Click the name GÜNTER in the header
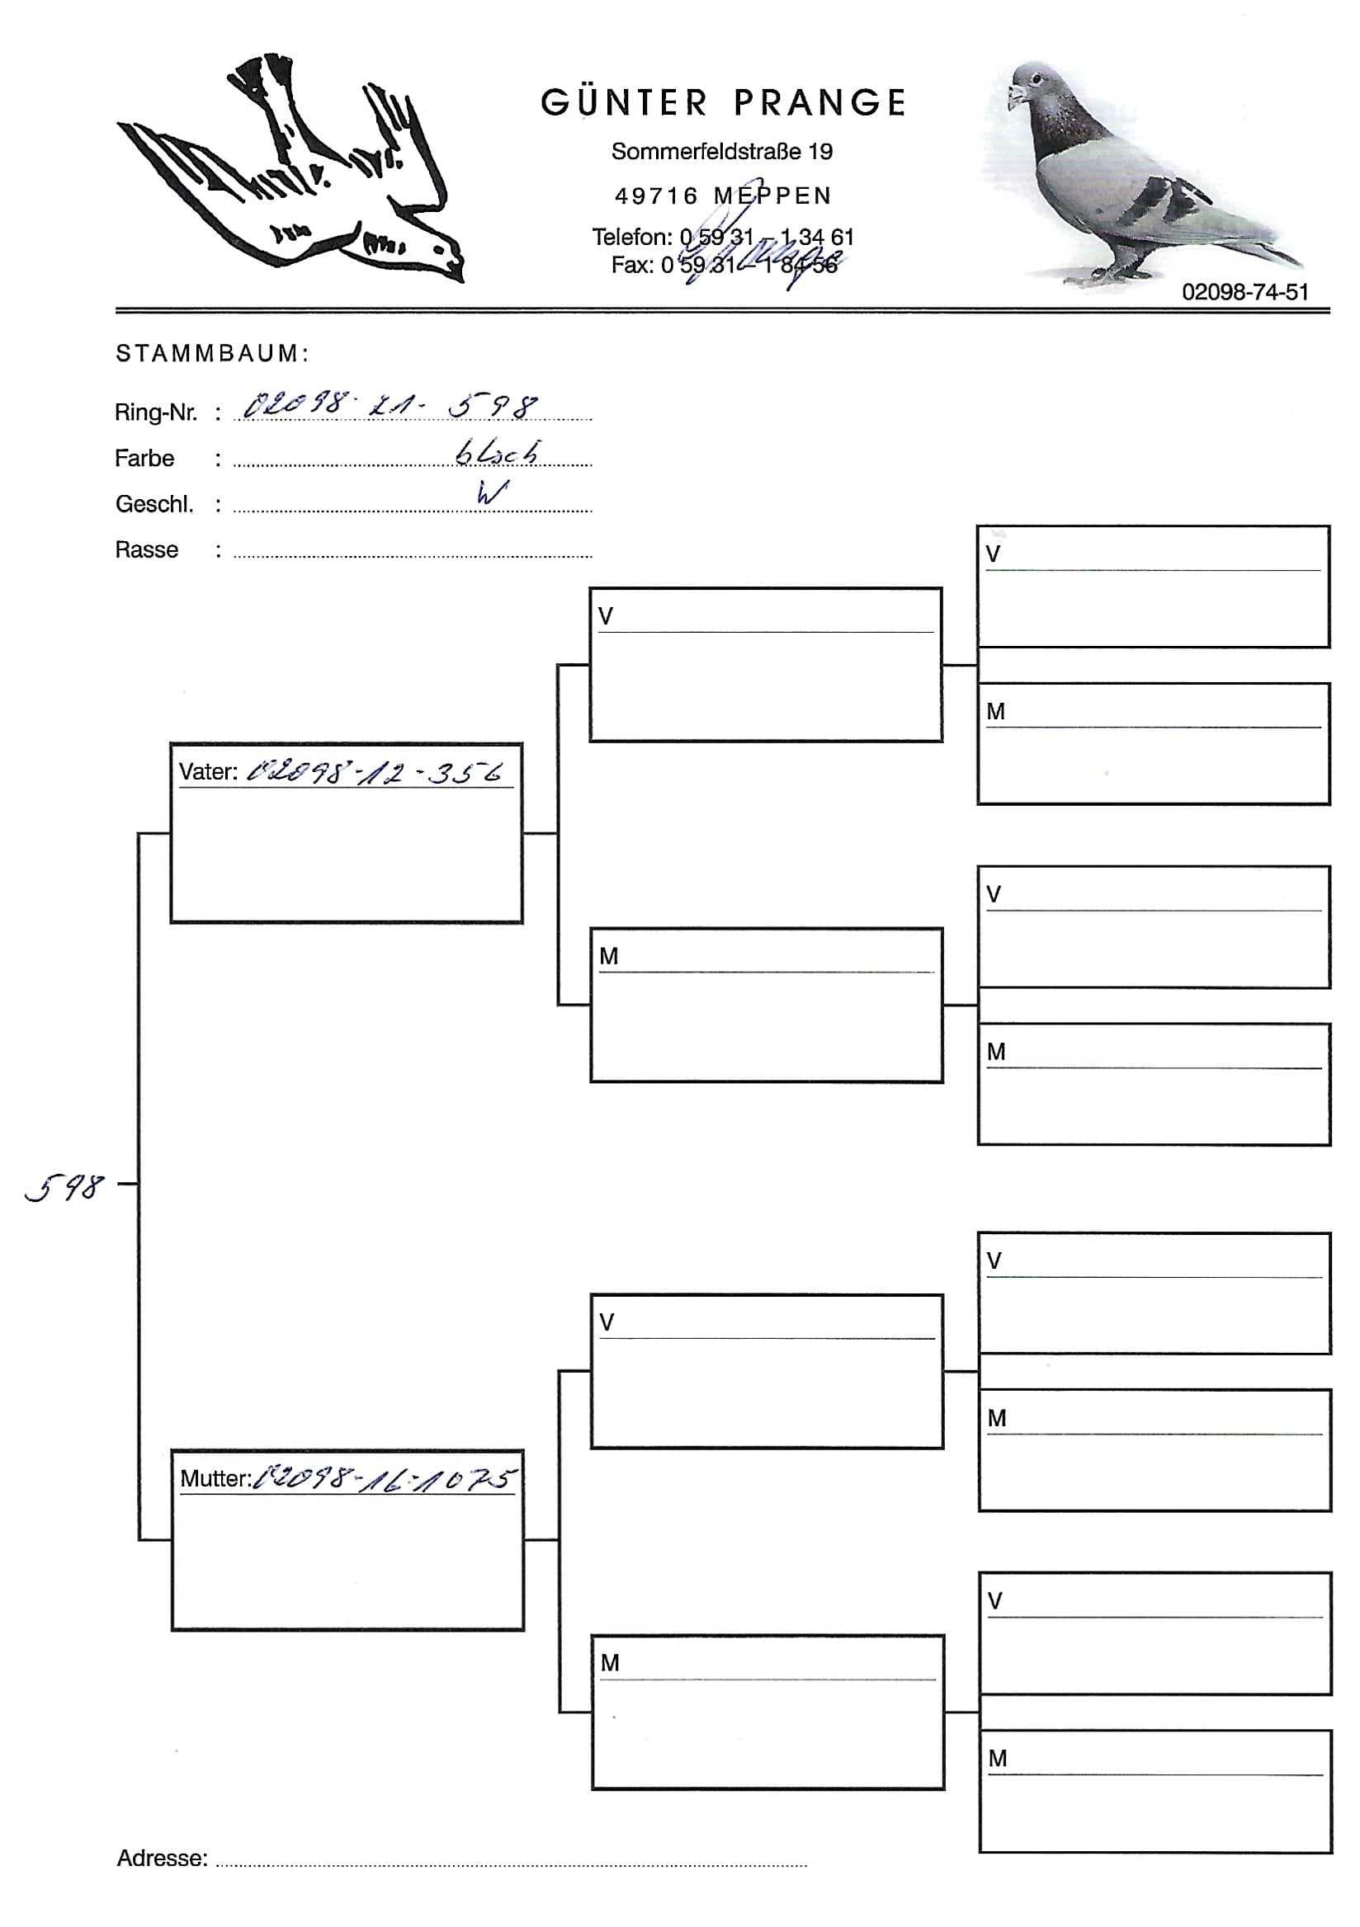click(x=624, y=103)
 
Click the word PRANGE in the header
click(x=819, y=103)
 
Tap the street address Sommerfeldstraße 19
click(x=721, y=152)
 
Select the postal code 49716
click(x=657, y=196)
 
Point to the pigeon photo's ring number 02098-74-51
click(x=1244, y=292)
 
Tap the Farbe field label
click(x=144, y=459)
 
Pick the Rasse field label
click(x=146, y=549)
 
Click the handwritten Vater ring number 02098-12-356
click(x=375, y=771)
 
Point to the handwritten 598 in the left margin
click(x=64, y=1187)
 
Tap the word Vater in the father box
click(x=207, y=772)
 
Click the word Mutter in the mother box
click(x=215, y=1479)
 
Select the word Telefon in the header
click(x=630, y=238)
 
